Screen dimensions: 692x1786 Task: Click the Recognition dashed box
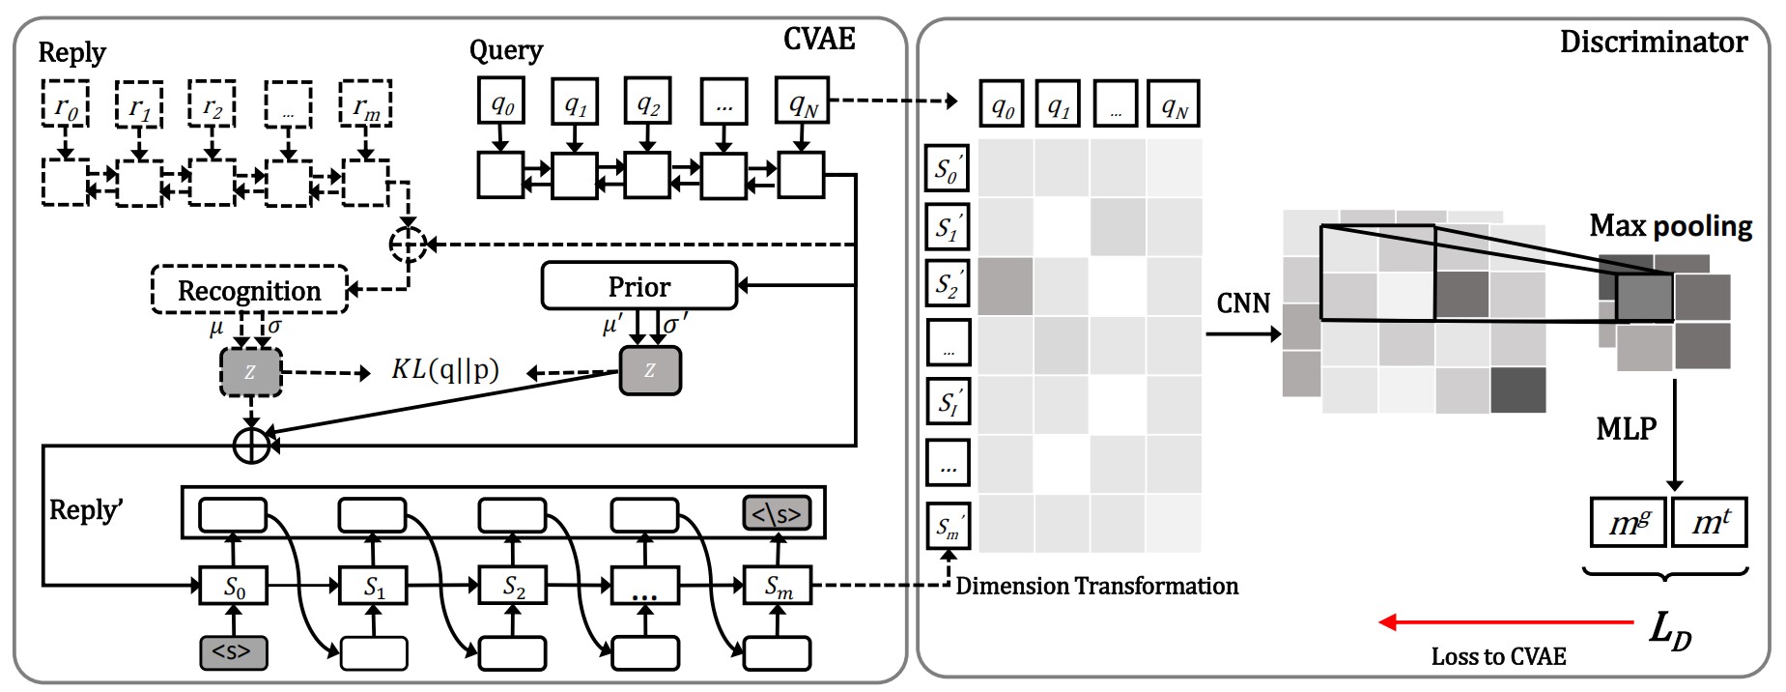249,290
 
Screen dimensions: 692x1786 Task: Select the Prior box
639,286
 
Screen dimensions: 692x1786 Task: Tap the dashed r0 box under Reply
66,104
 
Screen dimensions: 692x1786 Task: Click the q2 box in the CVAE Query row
648,101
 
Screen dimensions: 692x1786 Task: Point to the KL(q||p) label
445,370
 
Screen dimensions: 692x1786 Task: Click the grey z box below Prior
649,370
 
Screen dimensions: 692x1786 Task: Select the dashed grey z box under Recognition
251,372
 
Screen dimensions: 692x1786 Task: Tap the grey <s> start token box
233,652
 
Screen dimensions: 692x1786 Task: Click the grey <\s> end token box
777,514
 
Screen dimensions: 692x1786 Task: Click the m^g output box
1629,523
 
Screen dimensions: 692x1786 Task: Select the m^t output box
1710,523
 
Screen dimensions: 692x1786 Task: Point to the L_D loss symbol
1669,629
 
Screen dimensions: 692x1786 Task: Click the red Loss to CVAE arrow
1507,622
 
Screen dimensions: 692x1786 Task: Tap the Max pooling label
1670,226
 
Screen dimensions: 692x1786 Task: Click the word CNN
1243,303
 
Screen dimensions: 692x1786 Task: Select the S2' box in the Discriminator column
947,285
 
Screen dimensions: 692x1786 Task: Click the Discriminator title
1653,43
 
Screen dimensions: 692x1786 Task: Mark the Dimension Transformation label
1096,586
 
